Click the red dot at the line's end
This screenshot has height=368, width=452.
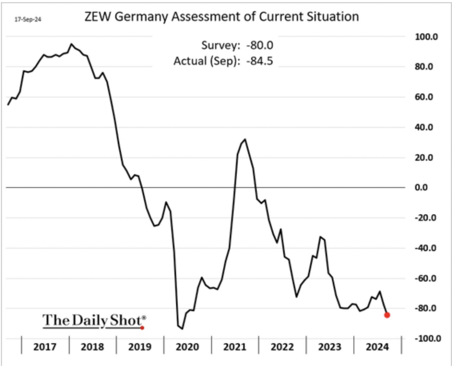tap(387, 315)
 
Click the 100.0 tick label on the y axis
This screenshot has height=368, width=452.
tap(425, 37)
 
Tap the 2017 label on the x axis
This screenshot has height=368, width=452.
tap(45, 346)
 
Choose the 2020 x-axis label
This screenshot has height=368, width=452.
tap(187, 346)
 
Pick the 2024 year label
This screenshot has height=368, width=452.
tap(377, 346)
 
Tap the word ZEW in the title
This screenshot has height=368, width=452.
tap(97, 18)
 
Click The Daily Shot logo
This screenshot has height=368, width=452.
tap(94, 321)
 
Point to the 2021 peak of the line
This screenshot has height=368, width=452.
tap(245, 139)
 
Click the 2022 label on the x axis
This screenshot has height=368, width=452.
tap(282, 346)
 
